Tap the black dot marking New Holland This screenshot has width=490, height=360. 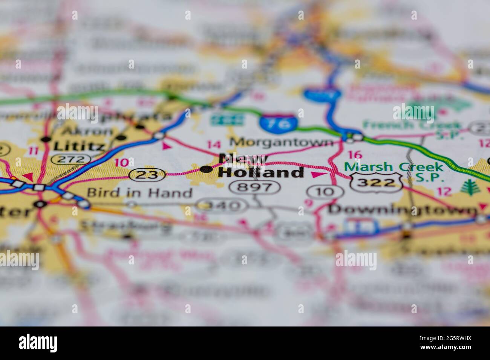[206, 169]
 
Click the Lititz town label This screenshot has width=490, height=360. [78, 145]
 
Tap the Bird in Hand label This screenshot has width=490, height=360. [139, 193]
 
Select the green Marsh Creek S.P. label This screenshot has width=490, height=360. [394, 171]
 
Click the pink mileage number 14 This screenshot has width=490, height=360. [214, 144]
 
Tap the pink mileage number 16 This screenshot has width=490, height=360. [355, 154]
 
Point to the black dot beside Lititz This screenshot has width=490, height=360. [46, 139]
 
